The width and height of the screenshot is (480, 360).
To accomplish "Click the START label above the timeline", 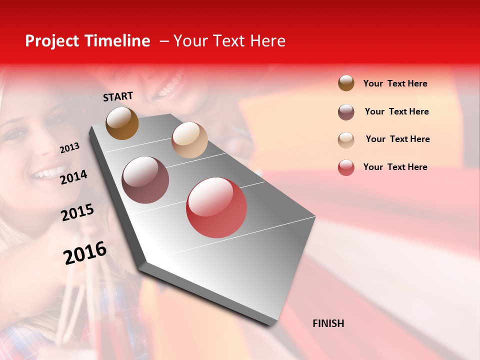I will pos(118,96).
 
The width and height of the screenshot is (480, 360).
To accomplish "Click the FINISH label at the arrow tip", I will pos(328,323).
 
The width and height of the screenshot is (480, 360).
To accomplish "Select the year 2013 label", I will pos(69,148).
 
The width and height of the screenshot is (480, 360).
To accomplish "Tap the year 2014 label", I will pos(73,177).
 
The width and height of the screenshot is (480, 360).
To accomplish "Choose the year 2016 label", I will pos(85,253).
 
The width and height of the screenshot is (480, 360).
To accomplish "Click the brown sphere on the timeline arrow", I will pos(122,123).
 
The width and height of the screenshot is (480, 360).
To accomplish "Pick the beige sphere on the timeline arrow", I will pos(189,140).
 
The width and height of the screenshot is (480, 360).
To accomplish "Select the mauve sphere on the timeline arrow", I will pos(145,180).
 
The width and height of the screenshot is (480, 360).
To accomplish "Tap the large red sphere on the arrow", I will pos(216,207).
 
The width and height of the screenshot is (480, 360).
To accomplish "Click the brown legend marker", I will pos(346,83).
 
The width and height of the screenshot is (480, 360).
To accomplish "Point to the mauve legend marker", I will pos(346,112).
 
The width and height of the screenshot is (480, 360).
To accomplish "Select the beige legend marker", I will pos(346,139).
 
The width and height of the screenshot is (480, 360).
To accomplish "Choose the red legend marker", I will pos(346,167).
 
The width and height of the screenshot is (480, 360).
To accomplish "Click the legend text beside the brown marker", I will pos(395,83).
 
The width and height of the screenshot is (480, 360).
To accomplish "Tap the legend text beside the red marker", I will pos(395,167).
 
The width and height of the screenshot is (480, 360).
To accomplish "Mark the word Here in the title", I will pos(267,41).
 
